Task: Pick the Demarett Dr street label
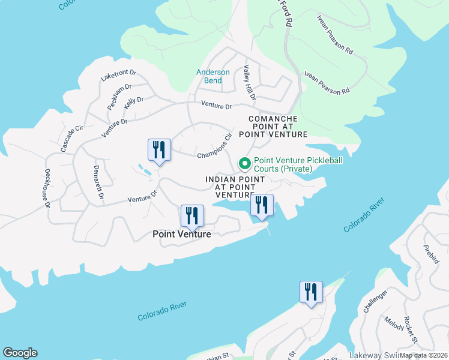[x=98, y=183]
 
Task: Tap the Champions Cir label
[x=214, y=146]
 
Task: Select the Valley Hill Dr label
[x=250, y=83]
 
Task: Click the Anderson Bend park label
[x=213, y=76]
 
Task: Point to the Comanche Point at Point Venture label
[x=273, y=127]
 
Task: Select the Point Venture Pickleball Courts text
[x=283, y=164]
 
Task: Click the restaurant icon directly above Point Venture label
[x=192, y=215]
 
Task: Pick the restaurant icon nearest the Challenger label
[x=311, y=292]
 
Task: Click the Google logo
[x=20, y=353]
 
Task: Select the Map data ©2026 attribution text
[x=423, y=355]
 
